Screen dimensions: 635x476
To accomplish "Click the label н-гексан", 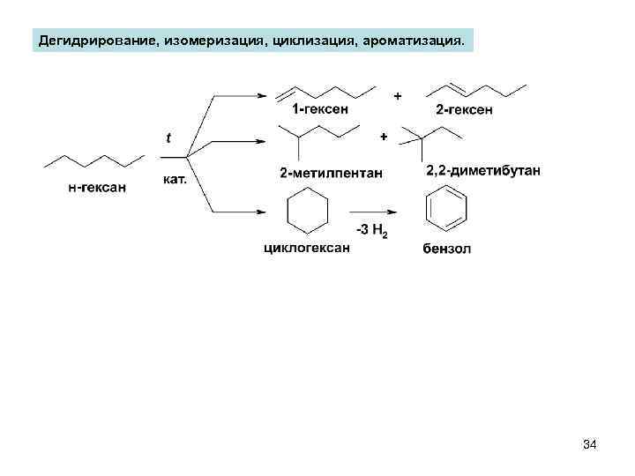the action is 97,187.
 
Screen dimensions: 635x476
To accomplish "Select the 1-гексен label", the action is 320,108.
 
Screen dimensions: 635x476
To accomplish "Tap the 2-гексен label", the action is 464,109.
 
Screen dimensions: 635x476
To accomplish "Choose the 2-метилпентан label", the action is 331,173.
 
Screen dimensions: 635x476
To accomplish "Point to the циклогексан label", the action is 307,248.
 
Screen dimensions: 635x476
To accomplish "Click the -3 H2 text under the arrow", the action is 371,231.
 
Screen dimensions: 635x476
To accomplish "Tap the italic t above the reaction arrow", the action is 168,137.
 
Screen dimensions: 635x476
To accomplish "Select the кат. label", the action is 176,178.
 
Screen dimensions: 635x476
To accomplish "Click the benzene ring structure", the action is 446,212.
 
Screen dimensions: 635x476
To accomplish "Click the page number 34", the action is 590,446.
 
